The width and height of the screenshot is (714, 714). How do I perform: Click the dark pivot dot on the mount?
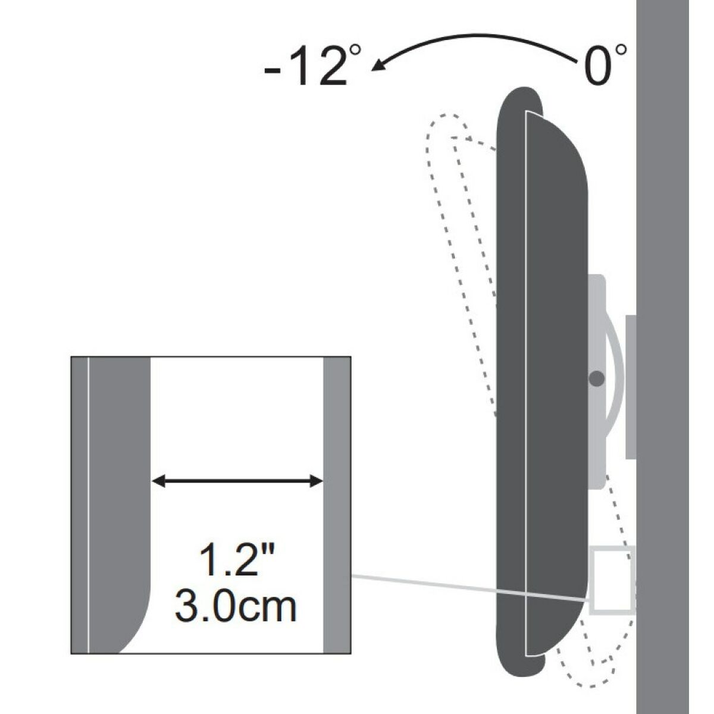click(x=596, y=378)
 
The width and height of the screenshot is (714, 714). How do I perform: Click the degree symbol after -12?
click(x=355, y=51)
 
